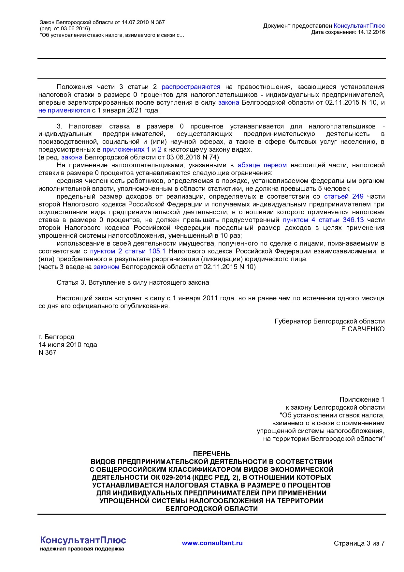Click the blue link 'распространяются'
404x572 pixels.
tap(191, 87)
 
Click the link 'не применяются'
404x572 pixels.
tap(64, 111)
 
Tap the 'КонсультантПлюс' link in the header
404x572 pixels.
tap(359, 26)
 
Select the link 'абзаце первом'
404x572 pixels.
tap(262, 165)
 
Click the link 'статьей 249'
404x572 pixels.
tap(343, 197)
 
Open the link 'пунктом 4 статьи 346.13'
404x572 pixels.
tap(323, 220)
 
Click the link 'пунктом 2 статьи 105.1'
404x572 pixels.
tap(128, 251)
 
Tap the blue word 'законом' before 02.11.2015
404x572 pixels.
tap(106, 267)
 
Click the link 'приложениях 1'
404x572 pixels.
tap(126, 150)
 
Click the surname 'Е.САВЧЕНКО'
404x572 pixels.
tap(363, 329)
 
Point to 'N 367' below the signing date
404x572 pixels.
tap(47, 353)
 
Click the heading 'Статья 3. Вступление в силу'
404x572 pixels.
tap(133, 283)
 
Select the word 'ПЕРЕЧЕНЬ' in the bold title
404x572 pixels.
tap(211, 454)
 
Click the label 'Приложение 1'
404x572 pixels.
tap(362, 400)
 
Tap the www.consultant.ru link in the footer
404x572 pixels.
tap(212, 543)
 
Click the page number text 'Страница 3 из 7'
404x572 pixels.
tap(359, 543)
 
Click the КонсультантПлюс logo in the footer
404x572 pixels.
tap(83, 541)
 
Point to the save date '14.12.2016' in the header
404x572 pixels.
tap(371, 32)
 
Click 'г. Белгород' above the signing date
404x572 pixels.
tap(56, 337)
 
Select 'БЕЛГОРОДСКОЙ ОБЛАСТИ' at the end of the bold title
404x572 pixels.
tap(211, 509)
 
